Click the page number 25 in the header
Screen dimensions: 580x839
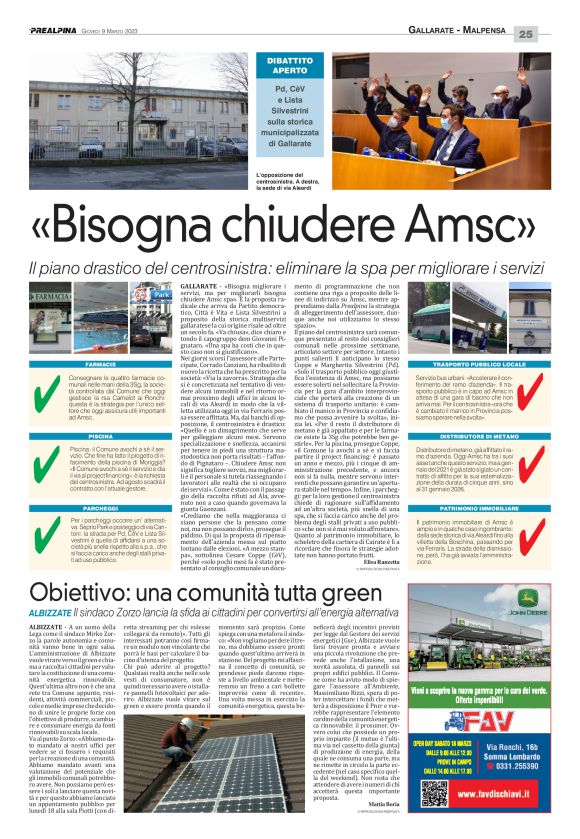[x=554, y=34]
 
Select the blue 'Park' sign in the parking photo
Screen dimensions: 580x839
[x=161, y=295]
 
